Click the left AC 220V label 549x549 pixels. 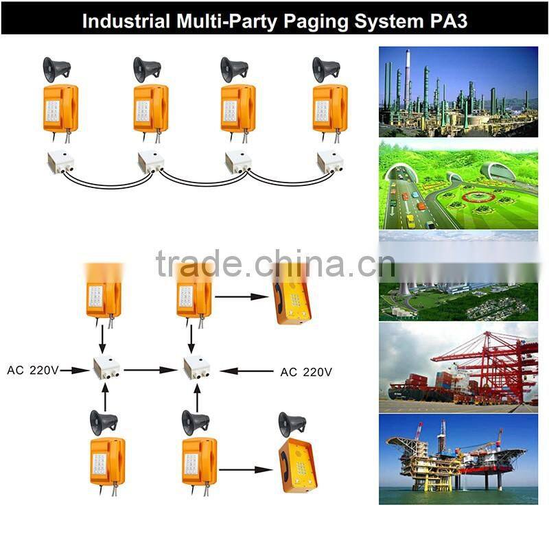pos(34,371)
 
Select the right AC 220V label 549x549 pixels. pos(306,372)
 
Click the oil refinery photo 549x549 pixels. pos(458,92)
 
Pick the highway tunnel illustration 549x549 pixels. pos(458,185)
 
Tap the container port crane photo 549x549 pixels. pos(458,367)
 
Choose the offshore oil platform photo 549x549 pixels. pos(458,458)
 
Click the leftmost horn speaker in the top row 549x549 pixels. pos(56,69)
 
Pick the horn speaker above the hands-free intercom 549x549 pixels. pos(291,423)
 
